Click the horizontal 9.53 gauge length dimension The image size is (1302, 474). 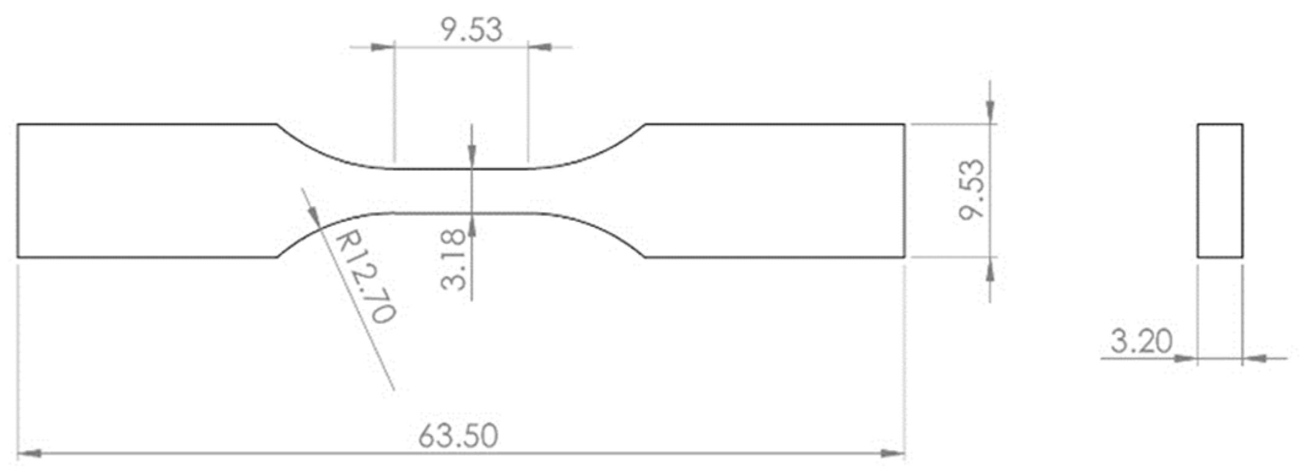[x=471, y=29]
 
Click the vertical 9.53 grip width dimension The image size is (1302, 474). [x=973, y=189]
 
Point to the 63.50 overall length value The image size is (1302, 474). [x=458, y=436]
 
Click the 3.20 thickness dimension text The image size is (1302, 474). [x=1141, y=342]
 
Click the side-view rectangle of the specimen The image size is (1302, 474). [x=1220, y=191]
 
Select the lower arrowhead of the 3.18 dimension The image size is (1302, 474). [x=471, y=224]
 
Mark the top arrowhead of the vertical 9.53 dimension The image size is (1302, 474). [x=990, y=112]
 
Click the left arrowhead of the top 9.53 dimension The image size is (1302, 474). [x=383, y=47]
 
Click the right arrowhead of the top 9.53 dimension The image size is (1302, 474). [x=540, y=47]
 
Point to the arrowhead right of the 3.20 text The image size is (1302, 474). [x=1255, y=358]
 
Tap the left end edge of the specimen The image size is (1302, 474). [x=18, y=191]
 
